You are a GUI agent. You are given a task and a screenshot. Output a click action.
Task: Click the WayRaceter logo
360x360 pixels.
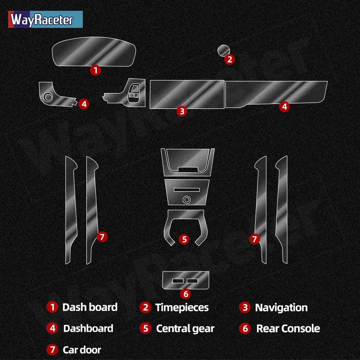point(45,19)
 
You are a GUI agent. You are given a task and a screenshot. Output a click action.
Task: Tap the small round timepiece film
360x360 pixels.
point(223,50)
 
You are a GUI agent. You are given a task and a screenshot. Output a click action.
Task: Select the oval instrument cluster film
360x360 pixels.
point(94,52)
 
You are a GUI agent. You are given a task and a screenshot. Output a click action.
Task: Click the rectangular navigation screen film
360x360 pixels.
point(187,94)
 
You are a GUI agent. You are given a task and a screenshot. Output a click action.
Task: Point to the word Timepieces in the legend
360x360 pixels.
point(182,307)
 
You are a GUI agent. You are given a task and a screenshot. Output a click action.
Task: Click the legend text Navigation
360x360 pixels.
point(281,307)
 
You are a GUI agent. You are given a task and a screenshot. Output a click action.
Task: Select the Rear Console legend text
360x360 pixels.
point(288,328)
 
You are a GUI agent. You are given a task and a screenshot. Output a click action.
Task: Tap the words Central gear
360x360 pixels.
point(185,328)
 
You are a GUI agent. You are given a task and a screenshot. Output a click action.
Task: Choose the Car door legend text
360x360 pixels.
point(82,350)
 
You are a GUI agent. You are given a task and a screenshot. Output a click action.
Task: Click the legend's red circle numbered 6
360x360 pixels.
point(245,328)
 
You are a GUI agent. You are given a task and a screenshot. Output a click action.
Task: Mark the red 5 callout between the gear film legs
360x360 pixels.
point(184,239)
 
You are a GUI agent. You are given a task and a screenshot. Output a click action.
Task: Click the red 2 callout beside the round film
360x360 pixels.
point(229,59)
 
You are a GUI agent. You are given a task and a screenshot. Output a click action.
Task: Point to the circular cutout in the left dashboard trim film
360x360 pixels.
point(48,97)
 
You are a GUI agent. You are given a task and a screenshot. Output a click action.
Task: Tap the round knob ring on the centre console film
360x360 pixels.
point(187,200)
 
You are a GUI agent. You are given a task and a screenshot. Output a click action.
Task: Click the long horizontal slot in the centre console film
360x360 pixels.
point(187,189)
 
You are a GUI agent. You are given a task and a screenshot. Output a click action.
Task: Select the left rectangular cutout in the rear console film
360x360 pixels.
point(178,281)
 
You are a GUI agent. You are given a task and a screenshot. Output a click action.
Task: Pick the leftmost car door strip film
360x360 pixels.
point(71,210)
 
